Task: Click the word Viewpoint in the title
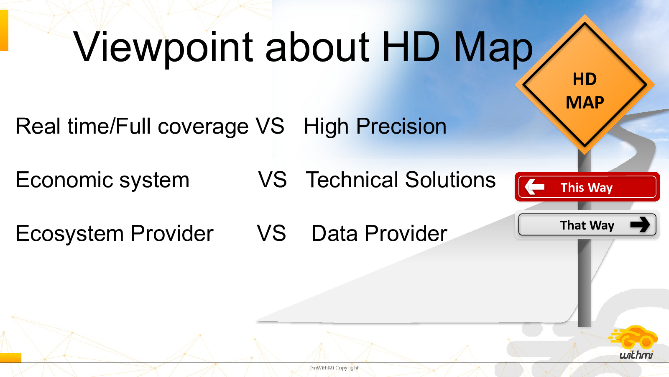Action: click(163, 47)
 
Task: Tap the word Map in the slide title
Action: click(493, 47)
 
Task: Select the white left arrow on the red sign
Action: click(534, 187)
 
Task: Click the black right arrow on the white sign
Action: click(640, 225)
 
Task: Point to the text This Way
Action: click(587, 188)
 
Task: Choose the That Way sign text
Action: click(587, 225)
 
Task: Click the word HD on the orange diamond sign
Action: click(585, 79)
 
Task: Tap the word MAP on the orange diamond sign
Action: click(585, 103)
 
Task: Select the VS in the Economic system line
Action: click(272, 180)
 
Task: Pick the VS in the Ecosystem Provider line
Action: click(271, 233)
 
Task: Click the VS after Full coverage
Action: click(270, 126)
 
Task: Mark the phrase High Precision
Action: click(375, 127)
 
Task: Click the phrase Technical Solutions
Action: click(401, 180)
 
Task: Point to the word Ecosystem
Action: click(69, 234)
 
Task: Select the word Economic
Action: click(64, 180)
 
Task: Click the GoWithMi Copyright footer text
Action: click(334, 368)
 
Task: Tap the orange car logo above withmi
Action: click(633, 338)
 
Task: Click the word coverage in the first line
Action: click(203, 127)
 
